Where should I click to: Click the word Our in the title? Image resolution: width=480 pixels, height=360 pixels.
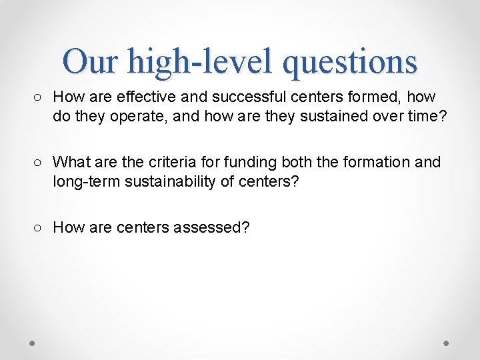(x=90, y=61)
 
